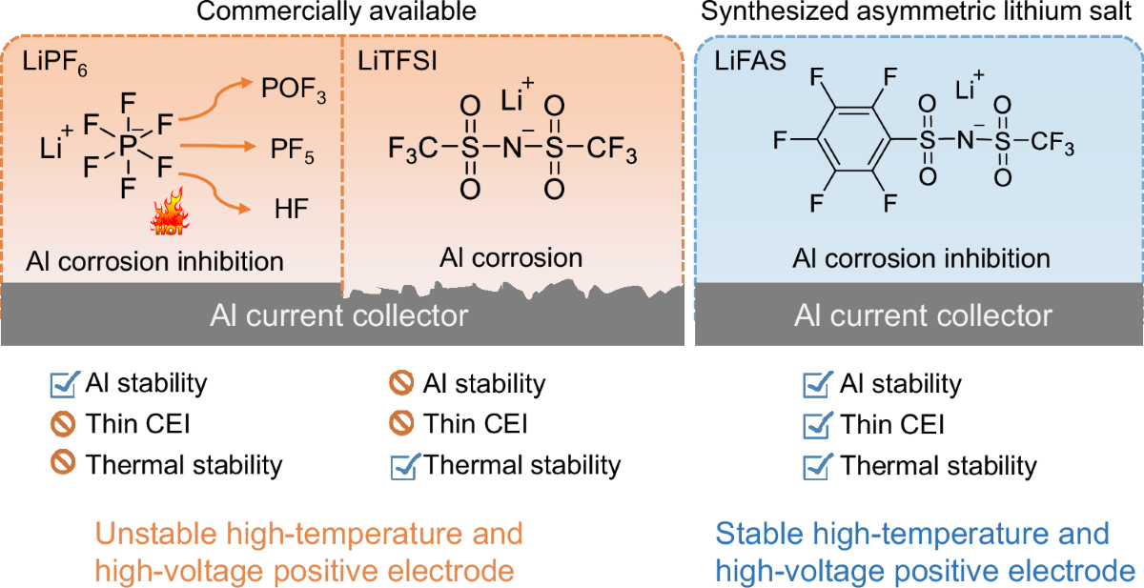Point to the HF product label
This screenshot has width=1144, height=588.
(x=284, y=209)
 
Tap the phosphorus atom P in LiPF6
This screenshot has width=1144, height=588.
(x=127, y=146)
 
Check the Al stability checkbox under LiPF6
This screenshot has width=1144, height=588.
(x=64, y=384)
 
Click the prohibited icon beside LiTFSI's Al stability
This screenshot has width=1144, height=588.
(x=401, y=384)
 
